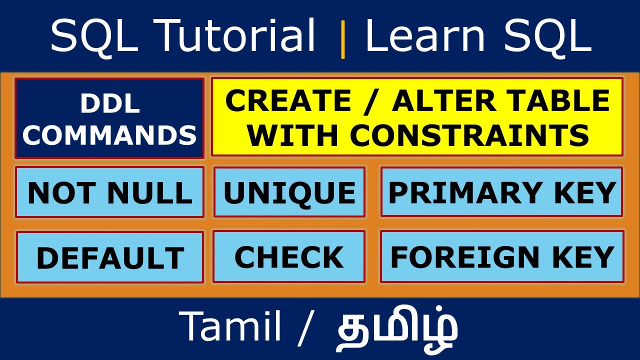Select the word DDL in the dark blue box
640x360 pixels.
pos(109,103)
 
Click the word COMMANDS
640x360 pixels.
pos(109,134)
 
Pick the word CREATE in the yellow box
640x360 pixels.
pos(288,101)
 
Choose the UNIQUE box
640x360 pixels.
pos(289,193)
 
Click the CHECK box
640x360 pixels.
pos(289,257)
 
